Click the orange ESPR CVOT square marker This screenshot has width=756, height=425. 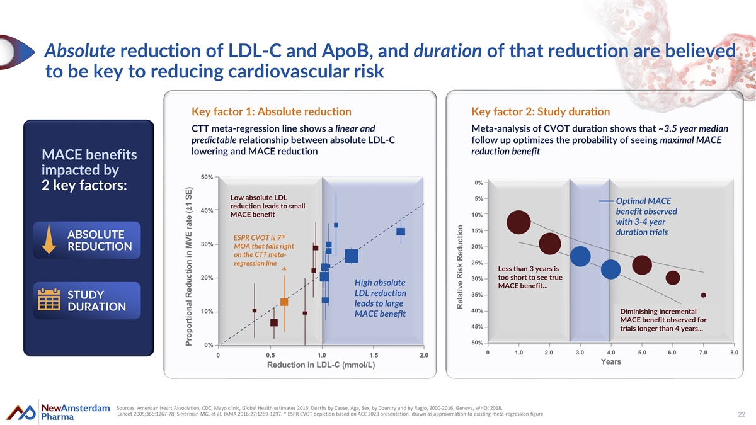tap(284, 302)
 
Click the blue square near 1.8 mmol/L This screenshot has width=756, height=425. tap(401, 232)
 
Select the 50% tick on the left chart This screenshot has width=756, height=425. tap(206, 177)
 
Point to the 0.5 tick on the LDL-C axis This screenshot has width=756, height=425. tap(270, 356)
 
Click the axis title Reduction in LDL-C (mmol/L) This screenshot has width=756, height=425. tap(321, 366)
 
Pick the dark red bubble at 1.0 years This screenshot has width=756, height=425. tap(518, 222)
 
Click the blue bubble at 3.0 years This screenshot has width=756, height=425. tap(580, 256)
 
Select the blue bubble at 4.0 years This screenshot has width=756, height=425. tap(610, 269)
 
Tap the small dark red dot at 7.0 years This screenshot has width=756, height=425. tap(703, 295)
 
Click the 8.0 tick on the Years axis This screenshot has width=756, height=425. tap(733, 353)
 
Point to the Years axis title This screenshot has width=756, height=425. tap(610, 362)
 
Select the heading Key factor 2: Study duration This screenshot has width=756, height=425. tap(541, 112)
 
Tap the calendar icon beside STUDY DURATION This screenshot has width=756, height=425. tap(49, 300)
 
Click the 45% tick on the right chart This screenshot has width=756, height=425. tap(477, 326)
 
